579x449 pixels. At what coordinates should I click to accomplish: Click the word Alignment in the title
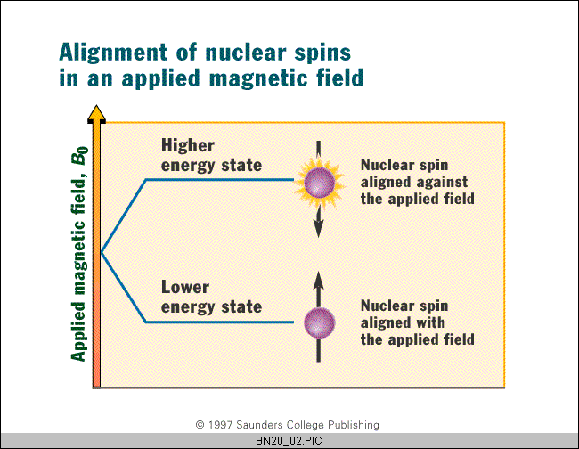tap(113, 53)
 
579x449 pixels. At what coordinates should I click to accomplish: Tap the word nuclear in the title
tap(246, 53)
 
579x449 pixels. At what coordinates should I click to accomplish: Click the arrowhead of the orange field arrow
tap(96, 113)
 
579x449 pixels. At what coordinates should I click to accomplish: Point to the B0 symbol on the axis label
tap(80, 155)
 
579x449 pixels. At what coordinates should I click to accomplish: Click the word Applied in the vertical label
tap(77, 331)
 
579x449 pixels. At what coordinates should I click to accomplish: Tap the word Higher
tap(188, 145)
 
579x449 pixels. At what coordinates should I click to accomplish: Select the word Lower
tap(185, 287)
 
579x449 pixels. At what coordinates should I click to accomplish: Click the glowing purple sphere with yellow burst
tap(319, 183)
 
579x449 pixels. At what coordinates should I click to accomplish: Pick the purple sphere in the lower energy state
tap(320, 323)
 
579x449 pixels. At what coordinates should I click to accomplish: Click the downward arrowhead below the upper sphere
tap(318, 228)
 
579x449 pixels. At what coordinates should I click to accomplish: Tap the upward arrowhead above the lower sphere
tap(318, 281)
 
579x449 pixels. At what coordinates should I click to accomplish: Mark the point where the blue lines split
tap(102, 253)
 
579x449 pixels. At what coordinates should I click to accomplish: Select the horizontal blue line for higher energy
tap(220, 180)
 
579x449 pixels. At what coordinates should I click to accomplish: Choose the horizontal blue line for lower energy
tap(220, 322)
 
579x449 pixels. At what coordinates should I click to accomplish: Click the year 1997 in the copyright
tap(220, 425)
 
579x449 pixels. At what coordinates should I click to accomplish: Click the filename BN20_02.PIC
tap(289, 441)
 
